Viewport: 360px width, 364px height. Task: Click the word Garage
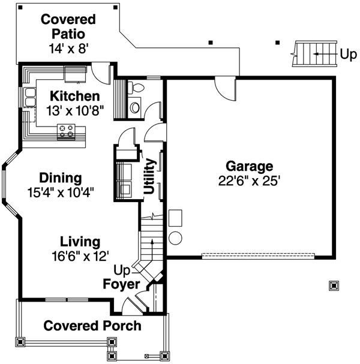(x=249, y=166)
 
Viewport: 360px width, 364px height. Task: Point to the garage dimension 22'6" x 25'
(x=249, y=181)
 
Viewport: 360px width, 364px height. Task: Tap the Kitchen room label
(x=74, y=96)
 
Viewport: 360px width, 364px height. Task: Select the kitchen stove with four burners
(x=66, y=130)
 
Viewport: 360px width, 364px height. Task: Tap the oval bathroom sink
(x=135, y=107)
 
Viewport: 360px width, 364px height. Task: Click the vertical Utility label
(x=149, y=176)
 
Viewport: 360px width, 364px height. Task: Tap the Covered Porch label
(x=92, y=326)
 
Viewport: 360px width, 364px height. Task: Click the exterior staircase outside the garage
(x=312, y=55)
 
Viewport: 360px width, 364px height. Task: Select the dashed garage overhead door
(x=257, y=255)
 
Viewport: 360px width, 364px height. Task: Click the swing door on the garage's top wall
(x=226, y=89)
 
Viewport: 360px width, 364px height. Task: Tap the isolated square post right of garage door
(x=334, y=285)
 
